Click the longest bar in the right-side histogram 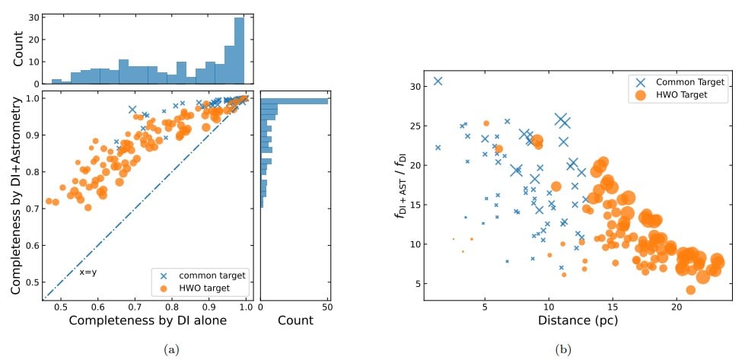[294, 100]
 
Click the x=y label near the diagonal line [89, 272]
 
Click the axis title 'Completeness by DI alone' [148, 322]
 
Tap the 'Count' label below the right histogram [294, 321]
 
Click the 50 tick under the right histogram [327, 307]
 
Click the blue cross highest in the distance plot [438, 81]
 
